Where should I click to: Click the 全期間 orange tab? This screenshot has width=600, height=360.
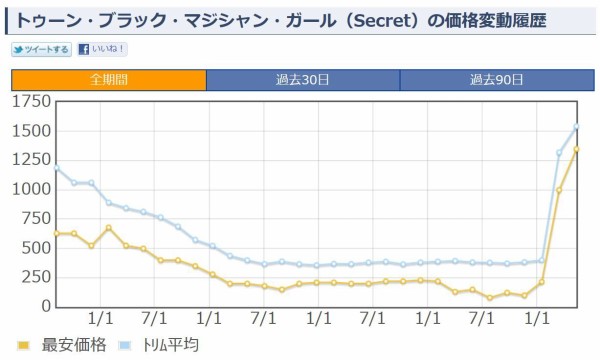[108, 80]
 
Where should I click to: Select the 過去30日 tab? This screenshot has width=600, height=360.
[302, 80]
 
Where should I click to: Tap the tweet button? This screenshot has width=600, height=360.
[41, 49]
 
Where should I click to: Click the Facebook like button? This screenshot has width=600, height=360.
[102, 49]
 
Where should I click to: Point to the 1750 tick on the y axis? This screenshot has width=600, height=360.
[31, 102]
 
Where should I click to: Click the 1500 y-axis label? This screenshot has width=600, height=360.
[31, 131]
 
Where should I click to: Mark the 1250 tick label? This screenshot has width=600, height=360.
[31, 160]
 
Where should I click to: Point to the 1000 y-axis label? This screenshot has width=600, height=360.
[31, 189]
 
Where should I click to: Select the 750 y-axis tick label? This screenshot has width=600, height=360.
[36, 218]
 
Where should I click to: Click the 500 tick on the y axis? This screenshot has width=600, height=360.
[36, 247]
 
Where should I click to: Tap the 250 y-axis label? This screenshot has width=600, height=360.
[36, 276]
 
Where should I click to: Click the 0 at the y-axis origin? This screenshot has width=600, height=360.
[45, 305]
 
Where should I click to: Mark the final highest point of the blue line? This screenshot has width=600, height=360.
[576, 127]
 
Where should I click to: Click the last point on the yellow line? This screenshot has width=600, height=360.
[576, 150]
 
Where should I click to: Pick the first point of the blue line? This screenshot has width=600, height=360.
[57, 168]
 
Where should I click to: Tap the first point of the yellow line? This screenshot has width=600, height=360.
[57, 233]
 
